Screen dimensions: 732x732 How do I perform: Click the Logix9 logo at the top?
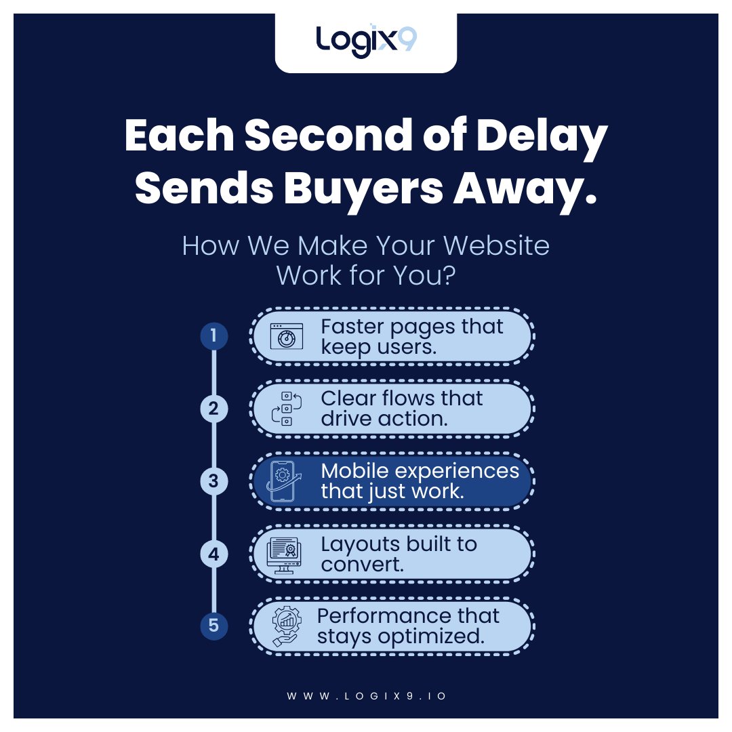point(366,41)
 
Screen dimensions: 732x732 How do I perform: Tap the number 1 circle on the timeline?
point(213,335)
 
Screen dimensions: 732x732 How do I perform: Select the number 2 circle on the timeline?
point(213,408)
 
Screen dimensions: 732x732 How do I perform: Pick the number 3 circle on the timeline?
point(213,481)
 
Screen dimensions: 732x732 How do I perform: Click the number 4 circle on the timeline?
point(213,554)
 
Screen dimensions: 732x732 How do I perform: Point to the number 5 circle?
point(213,626)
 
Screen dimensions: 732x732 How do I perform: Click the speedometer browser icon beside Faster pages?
point(286,336)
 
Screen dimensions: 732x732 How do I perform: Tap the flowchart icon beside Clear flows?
point(286,409)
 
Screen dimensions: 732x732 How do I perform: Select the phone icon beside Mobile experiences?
point(283,481)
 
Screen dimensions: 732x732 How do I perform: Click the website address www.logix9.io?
point(366,696)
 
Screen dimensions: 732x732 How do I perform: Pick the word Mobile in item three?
point(357,470)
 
